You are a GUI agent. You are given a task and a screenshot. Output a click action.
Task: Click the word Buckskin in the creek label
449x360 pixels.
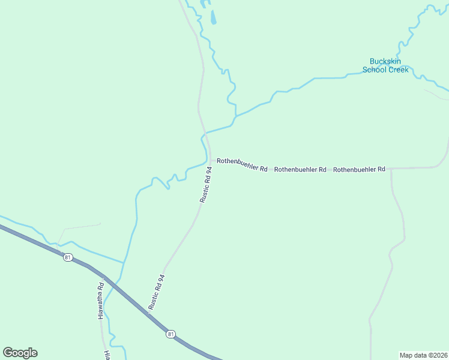click(x=385, y=61)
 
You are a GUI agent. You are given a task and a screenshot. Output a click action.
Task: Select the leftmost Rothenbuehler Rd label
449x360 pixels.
click(x=242, y=165)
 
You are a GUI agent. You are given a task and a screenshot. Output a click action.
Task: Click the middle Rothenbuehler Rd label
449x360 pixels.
click(x=300, y=170)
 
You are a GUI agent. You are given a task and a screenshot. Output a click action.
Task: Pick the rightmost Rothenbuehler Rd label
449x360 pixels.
click(x=359, y=170)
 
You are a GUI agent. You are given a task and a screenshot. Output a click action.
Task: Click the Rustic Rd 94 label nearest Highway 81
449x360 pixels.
click(x=156, y=292)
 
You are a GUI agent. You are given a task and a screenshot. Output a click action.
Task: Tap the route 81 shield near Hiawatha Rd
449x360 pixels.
click(x=67, y=257)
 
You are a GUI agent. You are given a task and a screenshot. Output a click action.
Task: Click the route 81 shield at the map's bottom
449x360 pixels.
click(x=171, y=334)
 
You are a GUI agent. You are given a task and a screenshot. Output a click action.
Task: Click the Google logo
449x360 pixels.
click(x=20, y=353)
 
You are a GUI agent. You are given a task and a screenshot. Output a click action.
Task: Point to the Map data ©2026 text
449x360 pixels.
click(x=423, y=355)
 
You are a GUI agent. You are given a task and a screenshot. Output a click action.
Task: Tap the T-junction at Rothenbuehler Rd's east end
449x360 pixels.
click(x=390, y=169)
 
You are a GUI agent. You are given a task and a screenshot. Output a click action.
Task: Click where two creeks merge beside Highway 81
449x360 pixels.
click(x=124, y=263)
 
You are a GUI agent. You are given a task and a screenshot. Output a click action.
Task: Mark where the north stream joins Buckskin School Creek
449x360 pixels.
click(x=235, y=116)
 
